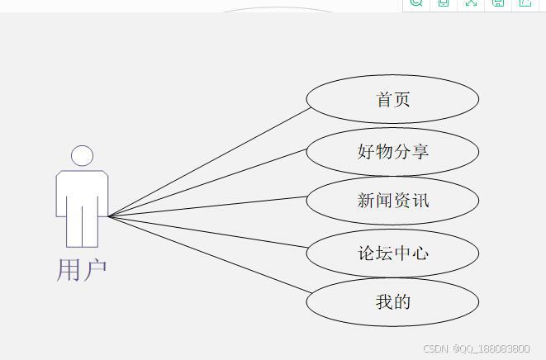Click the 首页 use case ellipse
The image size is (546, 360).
coord(392,99)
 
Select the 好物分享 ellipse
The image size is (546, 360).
coord(392,152)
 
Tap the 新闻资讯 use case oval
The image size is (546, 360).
coord(392,201)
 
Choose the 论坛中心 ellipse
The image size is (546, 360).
coord(392,253)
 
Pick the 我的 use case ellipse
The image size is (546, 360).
coord(392,302)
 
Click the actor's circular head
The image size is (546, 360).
coord(82,156)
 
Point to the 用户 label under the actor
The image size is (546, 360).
coord(82,270)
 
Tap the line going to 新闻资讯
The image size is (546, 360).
coord(207,206)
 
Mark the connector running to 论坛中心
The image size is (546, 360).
coord(207,230)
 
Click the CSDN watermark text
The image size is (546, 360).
coord(435,349)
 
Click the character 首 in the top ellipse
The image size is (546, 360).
coord(384,100)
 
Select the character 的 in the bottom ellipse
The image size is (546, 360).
coord(401,302)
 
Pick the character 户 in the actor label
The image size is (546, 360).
coord(95,270)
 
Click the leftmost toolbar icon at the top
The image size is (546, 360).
coord(416,3)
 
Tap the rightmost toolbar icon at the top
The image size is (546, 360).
coord(525,3)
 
